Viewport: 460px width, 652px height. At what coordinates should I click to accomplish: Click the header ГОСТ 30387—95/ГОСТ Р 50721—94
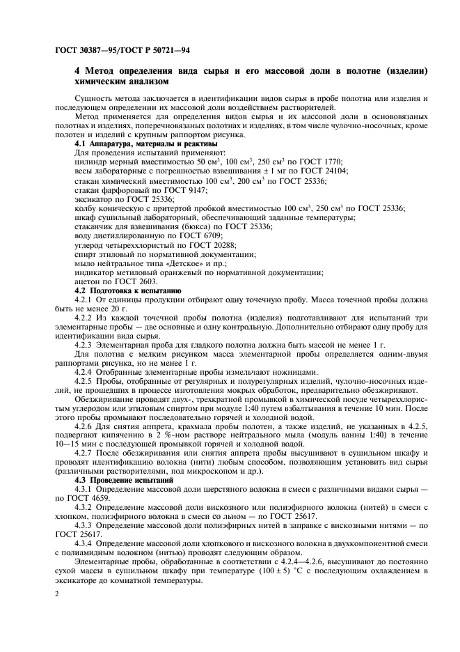[125, 52]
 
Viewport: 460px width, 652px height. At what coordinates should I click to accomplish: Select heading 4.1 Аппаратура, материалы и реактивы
[136, 143]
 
